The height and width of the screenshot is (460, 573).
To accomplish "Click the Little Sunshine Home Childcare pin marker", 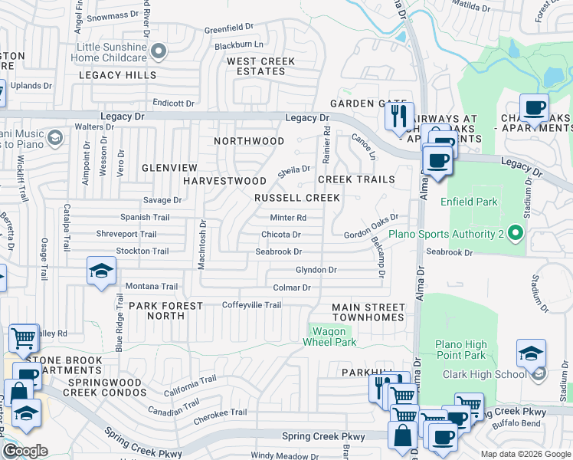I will pyautogui.click(x=159, y=52).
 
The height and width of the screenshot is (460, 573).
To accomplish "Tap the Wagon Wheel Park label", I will pyautogui.click(x=332, y=337).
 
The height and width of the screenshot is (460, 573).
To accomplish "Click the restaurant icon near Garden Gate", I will pyautogui.click(x=398, y=117).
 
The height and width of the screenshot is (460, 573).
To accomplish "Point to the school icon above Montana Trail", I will pyautogui.click(x=100, y=271).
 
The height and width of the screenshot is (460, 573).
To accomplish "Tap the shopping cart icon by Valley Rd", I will pyautogui.click(x=24, y=337).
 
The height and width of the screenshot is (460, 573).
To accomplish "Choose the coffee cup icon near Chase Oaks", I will pyautogui.click(x=533, y=107).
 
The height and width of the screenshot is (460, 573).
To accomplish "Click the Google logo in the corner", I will pyautogui.click(x=25, y=451).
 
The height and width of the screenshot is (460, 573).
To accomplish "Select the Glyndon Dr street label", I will pyautogui.click(x=316, y=270).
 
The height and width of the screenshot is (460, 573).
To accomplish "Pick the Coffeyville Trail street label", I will pyautogui.click(x=251, y=305).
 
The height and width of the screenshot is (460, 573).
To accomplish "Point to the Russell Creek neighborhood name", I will pyautogui.click(x=296, y=198).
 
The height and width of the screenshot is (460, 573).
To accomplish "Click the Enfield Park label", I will pyautogui.click(x=469, y=202).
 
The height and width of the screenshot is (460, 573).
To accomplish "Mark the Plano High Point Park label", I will pyautogui.click(x=460, y=350).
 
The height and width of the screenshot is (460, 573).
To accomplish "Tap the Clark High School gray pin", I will pyautogui.click(x=539, y=374).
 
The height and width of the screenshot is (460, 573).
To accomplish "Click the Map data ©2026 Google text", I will pyautogui.click(x=525, y=454).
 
